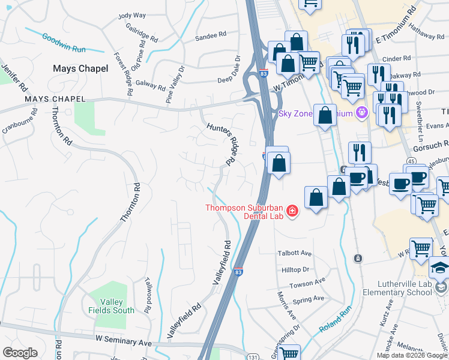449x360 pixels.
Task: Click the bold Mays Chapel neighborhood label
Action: (x=80, y=68)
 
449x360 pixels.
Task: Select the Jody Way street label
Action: (x=133, y=16)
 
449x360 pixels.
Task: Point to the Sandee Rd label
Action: (x=211, y=37)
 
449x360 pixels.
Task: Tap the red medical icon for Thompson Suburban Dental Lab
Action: (x=292, y=211)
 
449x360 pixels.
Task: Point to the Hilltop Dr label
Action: (x=295, y=270)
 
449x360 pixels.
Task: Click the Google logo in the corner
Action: (x=20, y=353)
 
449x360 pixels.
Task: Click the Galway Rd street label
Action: (x=151, y=85)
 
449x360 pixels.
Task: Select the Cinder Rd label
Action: (x=396, y=59)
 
